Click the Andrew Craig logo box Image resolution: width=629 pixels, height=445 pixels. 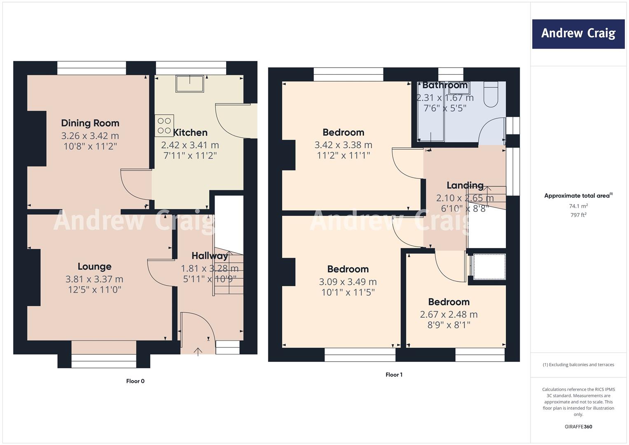click(x=578, y=34)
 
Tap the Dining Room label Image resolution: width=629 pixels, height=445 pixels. click(x=90, y=123)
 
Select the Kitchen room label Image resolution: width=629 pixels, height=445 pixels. click(x=190, y=132)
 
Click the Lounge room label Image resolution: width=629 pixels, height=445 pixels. click(x=94, y=266)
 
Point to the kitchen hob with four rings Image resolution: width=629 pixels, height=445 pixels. click(x=164, y=126)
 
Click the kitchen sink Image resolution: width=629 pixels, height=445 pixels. click(x=190, y=84)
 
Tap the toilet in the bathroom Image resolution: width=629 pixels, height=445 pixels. click(x=491, y=94)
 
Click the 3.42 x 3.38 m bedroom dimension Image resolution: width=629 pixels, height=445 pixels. click(x=343, y=145)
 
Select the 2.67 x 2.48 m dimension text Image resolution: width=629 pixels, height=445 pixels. click(x=449, y=314)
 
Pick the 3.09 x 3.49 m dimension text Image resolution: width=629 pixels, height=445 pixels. click(x=348, y=281)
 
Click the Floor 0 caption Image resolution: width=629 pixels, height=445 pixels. click(x=136, y=381)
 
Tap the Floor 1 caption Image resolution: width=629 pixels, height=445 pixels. click(x=394, y=375)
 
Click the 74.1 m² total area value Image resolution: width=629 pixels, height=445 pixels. click(x=578, y=206)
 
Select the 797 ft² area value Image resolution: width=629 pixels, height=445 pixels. click(x=578, y=215)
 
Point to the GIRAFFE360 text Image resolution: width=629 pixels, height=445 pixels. click(x=578, y=426)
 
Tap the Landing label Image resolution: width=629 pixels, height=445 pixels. click(x=465, y=185)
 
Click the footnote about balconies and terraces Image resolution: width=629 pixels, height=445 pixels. click(x=578, y=365)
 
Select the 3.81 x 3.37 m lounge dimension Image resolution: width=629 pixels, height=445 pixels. click(x=94, y=279)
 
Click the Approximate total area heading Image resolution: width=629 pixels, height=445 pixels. click(x=578, y=196)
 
